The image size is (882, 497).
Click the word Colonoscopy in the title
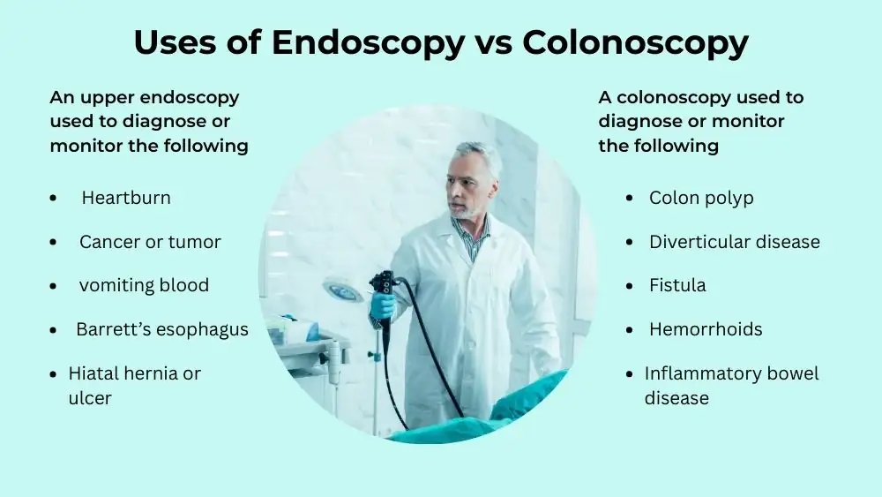(x=635, y=42)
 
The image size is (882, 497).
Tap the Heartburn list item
(x=126, y=198)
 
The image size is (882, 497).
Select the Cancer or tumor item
(x=150, y=242)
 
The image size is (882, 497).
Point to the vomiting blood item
(x=144, y=285)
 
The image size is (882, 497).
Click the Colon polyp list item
(x=701, y=198)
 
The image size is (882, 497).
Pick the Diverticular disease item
(x=735, y=242)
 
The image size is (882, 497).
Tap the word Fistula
(x=677, y=285)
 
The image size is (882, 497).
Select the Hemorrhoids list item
(x=706, y=329)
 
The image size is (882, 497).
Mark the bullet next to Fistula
(x=630, y=286)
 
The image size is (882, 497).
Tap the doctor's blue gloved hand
(x=383, y=305)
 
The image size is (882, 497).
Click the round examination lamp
(x=343, y=290)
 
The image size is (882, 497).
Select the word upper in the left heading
(x=107, y=97)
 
